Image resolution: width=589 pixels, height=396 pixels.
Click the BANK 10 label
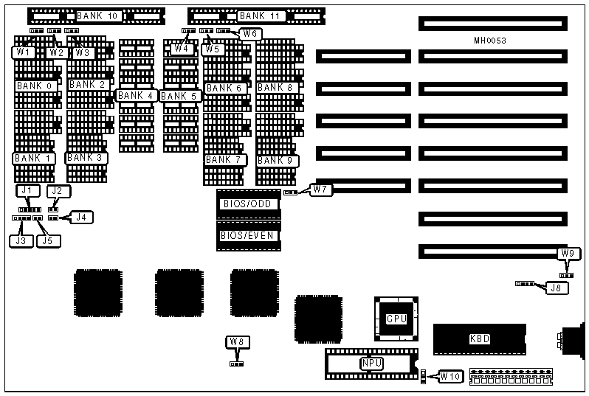click(x=97, y=15)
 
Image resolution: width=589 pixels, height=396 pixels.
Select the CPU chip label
click(x=396, y=319)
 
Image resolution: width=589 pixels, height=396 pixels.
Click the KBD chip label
click(x=480, y=339)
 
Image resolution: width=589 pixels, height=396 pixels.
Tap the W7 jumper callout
click(x=320, y=190)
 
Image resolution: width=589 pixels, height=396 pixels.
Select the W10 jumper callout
click(x=450, y=377)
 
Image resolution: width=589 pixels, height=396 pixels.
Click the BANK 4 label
click(x=135, y=95)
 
